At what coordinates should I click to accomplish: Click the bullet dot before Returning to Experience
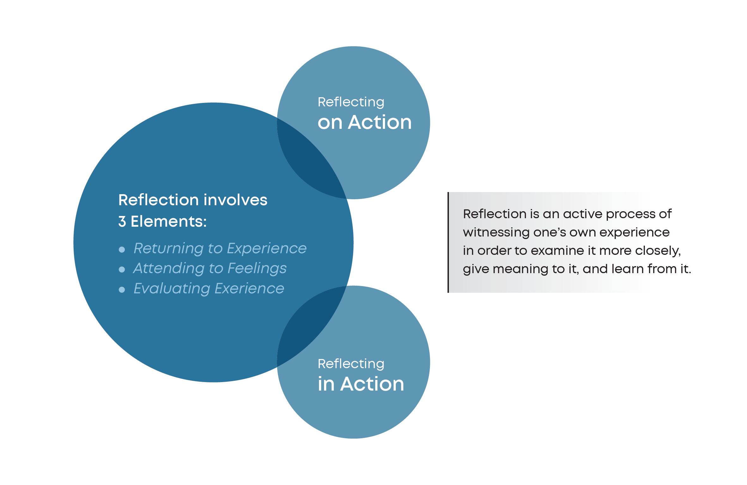coord(122,250)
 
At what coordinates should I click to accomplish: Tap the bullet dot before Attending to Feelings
coord(122,269)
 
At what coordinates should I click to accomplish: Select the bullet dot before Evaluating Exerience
coord(122,290)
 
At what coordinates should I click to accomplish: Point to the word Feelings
coord(257,268)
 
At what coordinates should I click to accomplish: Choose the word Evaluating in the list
coord(172,289)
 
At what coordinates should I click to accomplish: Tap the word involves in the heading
coord(235,200)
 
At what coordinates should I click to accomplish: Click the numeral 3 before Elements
coord(122,221)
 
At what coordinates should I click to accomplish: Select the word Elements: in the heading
coord(168,221)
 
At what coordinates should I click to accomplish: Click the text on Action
coord(364,122)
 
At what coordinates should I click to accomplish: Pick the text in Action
coord(361,384)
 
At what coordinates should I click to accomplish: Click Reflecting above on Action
coord(351,102)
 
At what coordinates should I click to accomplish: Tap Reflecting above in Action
coord(351,364)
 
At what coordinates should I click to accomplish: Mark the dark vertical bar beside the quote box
coord(448,242)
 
